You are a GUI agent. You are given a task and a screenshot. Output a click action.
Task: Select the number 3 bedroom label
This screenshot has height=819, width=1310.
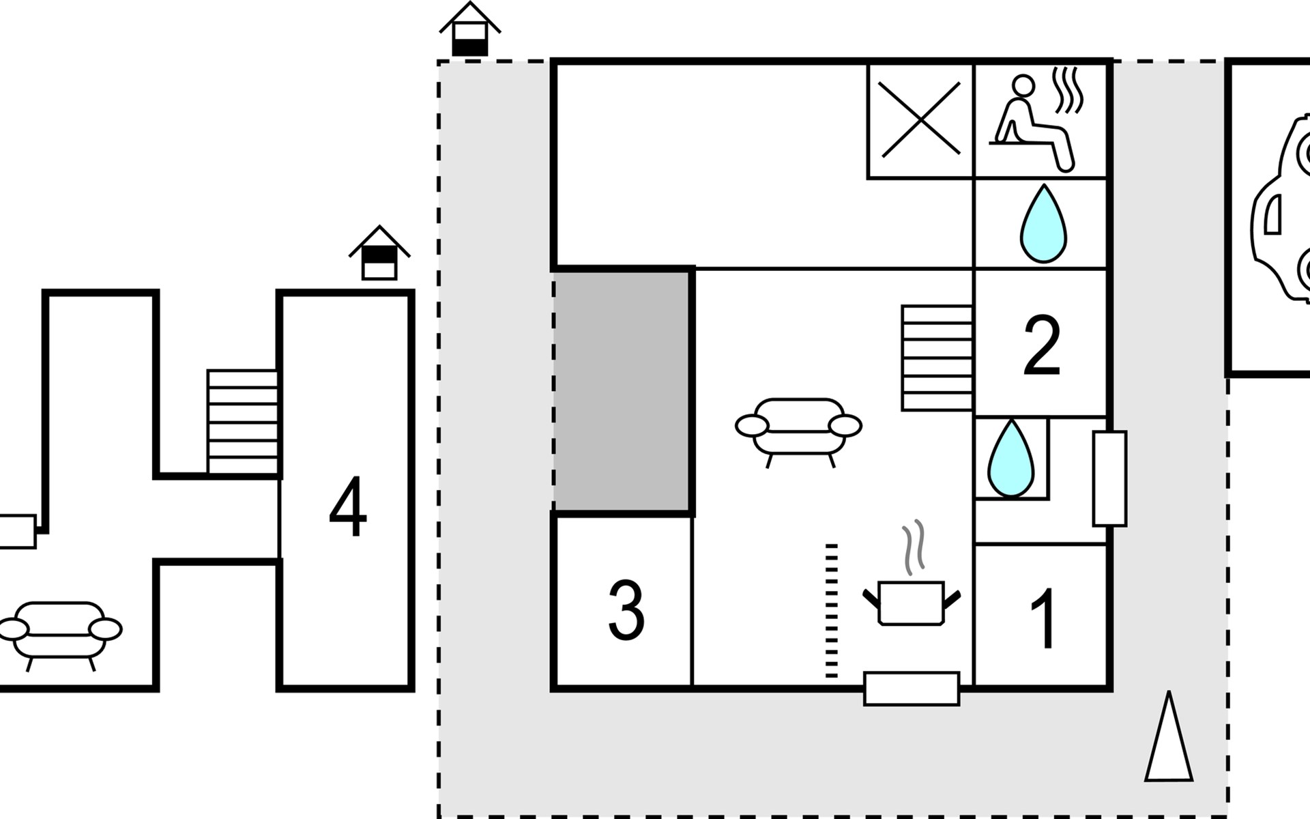point(626,611)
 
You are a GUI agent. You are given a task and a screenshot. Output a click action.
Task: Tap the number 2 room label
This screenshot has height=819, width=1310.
point(1042,345)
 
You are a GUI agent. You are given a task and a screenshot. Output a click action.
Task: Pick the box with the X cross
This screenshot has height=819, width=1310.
point(920,120)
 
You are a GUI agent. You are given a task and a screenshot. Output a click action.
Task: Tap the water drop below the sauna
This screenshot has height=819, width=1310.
point(1043,224)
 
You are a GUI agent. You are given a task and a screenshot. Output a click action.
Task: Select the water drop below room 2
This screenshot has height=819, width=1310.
point(1010,458)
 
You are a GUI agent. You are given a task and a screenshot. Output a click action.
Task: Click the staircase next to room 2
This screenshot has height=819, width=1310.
point(937,358)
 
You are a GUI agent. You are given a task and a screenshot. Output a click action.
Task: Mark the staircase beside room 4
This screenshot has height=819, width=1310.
point(242,421)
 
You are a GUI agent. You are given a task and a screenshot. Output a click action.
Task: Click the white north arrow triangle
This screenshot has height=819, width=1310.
point(1169,741)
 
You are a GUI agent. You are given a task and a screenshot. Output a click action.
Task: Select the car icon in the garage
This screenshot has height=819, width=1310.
point(1283,212)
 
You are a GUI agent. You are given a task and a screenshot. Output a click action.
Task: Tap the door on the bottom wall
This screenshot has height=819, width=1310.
point(912,688)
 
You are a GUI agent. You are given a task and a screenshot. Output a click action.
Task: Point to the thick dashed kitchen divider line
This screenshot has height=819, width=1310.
point(831,611)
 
